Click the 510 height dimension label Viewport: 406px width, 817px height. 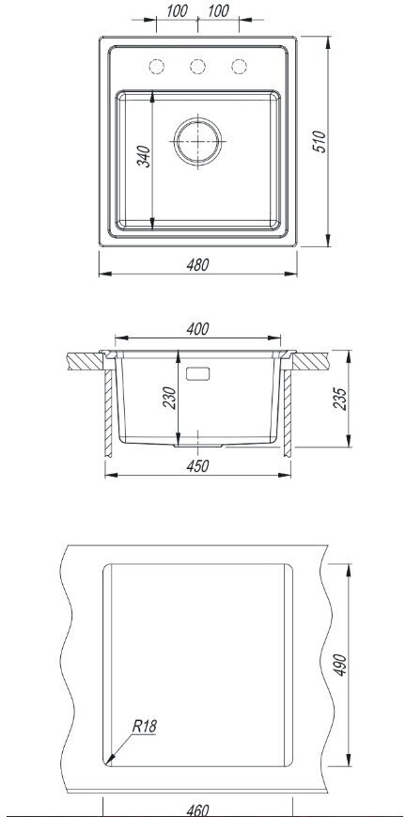click(319, 141)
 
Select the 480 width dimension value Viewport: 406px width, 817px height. click(197, 265)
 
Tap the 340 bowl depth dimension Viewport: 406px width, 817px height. click(144, 156)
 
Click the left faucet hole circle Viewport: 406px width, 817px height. click(156, 67)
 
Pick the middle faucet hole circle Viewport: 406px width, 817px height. click(197, 67)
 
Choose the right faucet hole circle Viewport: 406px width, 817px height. click(239, 67)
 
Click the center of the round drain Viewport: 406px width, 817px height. click(197, 141)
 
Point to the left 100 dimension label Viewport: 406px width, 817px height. click(177, 11)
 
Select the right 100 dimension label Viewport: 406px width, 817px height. click(218, 11)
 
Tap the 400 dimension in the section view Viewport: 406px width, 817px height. click(197, 329)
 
